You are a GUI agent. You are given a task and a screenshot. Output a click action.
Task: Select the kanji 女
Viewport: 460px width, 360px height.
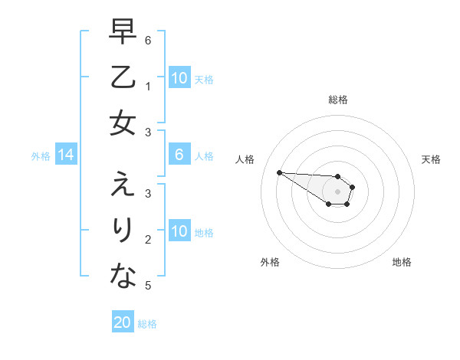(123, 123)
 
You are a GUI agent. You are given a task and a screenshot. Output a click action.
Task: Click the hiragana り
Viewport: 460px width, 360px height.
(123, 231)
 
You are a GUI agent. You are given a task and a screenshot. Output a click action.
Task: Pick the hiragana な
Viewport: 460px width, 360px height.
(123, 276)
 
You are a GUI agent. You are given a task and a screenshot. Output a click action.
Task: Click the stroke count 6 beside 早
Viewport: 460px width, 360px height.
(148, 38)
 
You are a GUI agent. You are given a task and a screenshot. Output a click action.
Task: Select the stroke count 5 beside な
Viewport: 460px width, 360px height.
(148, 286)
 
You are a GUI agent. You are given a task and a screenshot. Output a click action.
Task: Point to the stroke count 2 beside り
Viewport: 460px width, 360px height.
(148, 239)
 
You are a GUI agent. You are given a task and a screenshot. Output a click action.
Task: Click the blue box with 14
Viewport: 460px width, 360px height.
(66, 155)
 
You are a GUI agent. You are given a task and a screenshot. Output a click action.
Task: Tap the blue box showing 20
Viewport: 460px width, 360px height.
(123, 322)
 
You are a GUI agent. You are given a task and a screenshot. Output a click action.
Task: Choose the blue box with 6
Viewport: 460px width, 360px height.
(179, 155)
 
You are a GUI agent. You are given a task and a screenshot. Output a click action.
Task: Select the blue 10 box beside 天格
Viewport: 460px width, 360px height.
(179, 78)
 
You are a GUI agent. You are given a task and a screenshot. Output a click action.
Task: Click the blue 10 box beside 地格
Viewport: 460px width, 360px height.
(179, 231)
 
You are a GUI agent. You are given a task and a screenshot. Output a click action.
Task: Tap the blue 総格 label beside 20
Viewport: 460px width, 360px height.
(147, 324)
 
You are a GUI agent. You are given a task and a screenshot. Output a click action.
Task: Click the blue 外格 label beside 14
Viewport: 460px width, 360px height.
(41, 156)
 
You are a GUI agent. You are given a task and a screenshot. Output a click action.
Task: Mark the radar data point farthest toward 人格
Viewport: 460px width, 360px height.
(279, 172)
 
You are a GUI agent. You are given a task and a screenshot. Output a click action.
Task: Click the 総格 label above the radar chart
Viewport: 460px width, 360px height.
(337, 100)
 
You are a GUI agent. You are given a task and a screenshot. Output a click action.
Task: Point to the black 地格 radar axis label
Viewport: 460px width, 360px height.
(402, 262)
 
